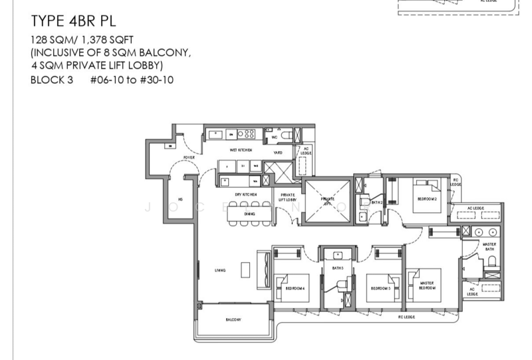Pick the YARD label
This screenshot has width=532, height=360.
(277, 151)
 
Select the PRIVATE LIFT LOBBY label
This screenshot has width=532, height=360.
(287, 198)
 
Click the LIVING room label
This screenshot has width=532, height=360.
(219, 270)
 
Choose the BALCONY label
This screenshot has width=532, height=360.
(233, 320)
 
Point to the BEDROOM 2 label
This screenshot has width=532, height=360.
(426, 199)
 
